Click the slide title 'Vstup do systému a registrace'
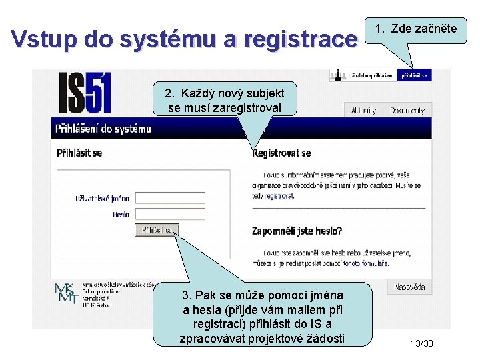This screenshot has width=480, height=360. click(185, 39)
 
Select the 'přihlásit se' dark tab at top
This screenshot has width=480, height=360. click(414, 75)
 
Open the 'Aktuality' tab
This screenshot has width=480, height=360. click(363, 111)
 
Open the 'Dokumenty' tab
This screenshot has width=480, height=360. click(407, 111)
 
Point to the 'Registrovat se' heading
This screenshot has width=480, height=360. click(281, 153)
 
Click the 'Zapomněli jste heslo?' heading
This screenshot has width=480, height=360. click(297, 231)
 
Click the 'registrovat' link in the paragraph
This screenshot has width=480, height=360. click(279, 197)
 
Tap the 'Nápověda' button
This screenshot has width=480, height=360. click(409, 287)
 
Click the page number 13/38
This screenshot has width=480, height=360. click(421, 343)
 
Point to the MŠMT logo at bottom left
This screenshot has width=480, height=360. click(65, 293)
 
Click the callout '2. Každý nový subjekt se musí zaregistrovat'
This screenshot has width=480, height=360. click(224, 100)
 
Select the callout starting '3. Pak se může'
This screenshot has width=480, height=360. click(262, 317)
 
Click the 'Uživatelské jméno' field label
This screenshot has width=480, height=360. click(102, 198)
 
